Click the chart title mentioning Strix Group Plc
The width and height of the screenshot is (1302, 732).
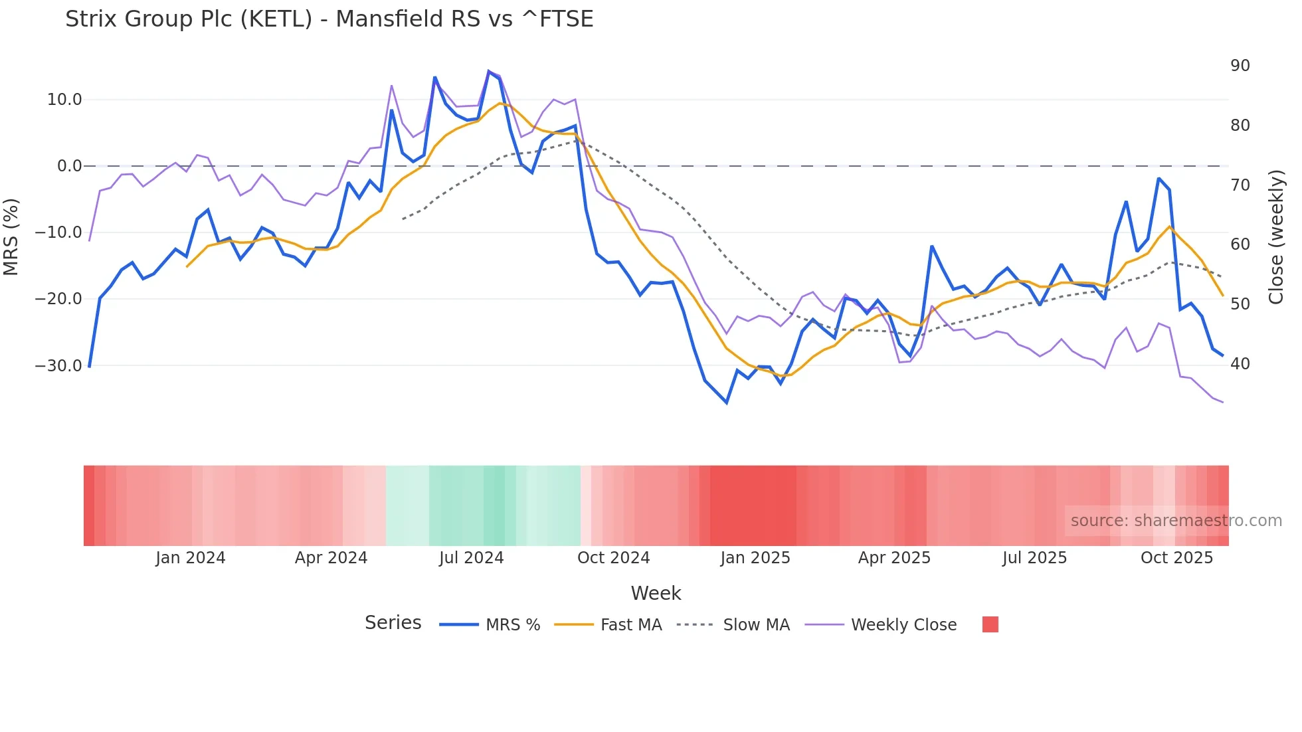tap(329, 19)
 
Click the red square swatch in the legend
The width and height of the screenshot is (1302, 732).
tap(990, 624)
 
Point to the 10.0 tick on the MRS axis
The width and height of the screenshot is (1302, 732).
tap(64, 100)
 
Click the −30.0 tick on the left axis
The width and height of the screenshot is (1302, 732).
tap(58, 366)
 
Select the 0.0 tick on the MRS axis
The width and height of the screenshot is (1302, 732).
tap(69, 166)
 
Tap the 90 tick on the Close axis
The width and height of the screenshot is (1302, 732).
tap(1240, 66)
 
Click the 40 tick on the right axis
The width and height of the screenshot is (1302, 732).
tap(1240, 364)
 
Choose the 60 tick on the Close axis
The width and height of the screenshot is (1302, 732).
tap(1240, 244)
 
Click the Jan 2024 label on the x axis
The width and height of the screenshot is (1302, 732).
tap(191, 558)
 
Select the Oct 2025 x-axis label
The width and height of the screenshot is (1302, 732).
tap(1176, 558)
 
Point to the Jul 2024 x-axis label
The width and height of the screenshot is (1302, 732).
tap(472, 558)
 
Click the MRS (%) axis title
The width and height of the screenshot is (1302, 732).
tap(11, 236)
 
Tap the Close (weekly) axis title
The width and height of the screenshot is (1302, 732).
tap(1276, 236)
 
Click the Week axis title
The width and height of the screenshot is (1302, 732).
tap(656, 593)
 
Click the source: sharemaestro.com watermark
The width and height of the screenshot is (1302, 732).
tap(1176, 521)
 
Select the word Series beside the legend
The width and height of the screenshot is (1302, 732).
tap(393, 623)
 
